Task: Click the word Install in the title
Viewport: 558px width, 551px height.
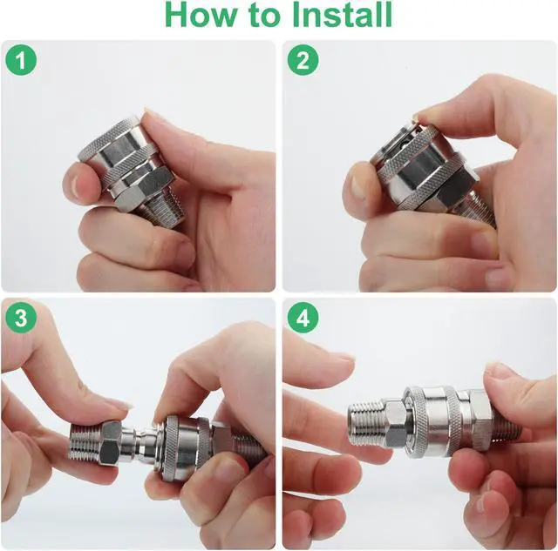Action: click(342, 15)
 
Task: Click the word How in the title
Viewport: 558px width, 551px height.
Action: click(201, 15)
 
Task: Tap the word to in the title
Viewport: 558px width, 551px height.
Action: click(263, 16)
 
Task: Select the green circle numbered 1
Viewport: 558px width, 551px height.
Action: click(21, 60)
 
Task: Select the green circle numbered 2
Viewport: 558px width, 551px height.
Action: click(303, 60)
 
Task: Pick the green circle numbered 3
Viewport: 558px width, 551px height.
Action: click(21, 317)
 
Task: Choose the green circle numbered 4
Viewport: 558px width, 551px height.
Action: click(303, 317)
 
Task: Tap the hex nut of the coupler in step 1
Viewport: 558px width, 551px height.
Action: click(142, 185)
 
